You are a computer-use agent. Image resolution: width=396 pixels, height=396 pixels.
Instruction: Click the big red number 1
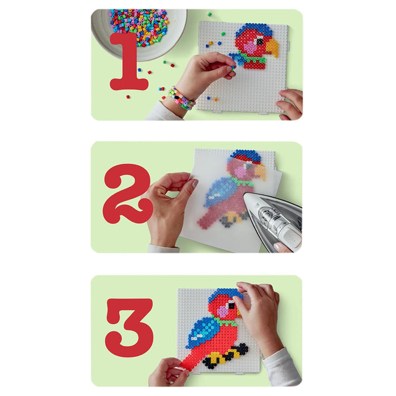point(129,62)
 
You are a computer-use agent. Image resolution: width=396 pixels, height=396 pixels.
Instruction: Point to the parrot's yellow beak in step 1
point(272,47)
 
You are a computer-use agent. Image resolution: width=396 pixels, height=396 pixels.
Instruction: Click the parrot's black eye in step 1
point(259,41)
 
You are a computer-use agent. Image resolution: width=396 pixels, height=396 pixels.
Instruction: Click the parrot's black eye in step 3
point(231,306)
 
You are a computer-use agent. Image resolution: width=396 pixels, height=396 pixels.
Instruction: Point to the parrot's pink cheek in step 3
point(223,311)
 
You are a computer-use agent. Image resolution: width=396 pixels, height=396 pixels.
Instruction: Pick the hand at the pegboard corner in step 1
point(290,104)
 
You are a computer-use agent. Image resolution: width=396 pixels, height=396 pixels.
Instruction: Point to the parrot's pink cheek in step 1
point(250,47)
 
